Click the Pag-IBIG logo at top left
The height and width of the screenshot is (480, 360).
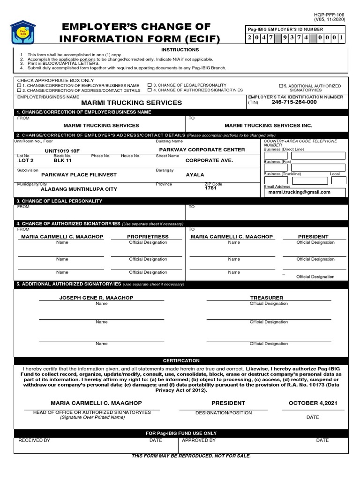[29, 34]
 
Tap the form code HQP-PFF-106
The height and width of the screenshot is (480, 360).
[330, 15]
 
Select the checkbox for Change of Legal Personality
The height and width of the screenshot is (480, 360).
[150, 85]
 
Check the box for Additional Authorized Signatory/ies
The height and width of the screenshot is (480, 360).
[281, 86]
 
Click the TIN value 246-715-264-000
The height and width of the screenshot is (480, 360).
[294, 102]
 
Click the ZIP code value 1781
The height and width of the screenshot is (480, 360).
[211, 188]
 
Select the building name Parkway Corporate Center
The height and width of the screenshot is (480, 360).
[202, 150]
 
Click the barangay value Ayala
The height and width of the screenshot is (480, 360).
[195, 175]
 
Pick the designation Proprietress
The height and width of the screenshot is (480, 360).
[148, 237]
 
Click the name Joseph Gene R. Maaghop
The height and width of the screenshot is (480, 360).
[96, 298]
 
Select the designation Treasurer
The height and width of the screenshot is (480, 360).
[267, 298]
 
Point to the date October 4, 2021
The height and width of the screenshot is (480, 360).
[313, 403]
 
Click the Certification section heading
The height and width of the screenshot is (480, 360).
[181, 360]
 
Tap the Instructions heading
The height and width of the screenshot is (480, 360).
[180, 50]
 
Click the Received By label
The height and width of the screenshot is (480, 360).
[34, 441]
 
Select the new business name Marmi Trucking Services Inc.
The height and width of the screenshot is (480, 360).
[268, 126]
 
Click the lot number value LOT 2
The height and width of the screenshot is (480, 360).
[26, 160]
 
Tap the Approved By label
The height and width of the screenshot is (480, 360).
[199, 441]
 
